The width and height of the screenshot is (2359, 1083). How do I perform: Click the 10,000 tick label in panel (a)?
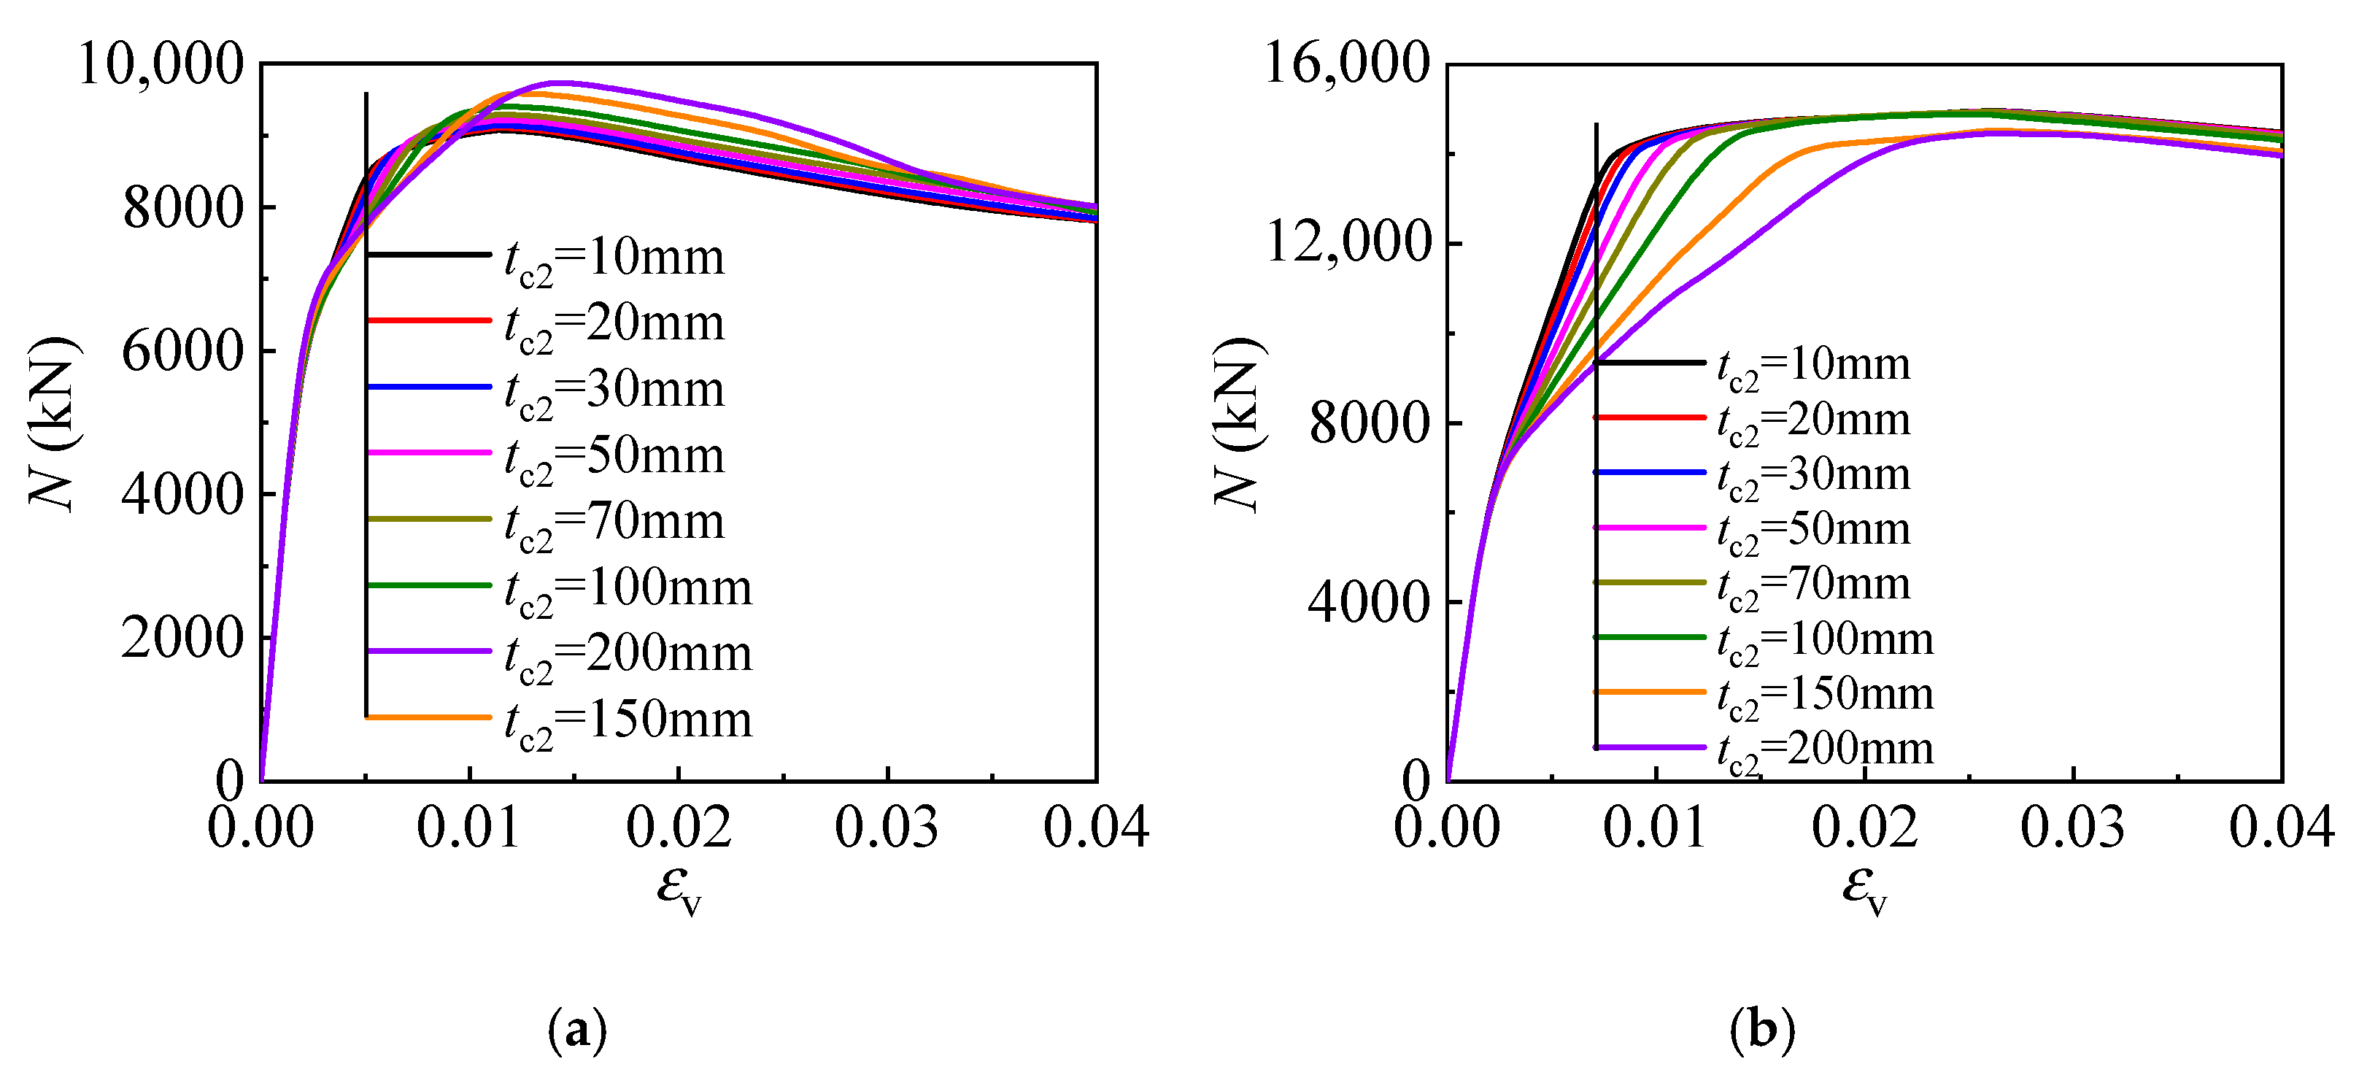[161, 65]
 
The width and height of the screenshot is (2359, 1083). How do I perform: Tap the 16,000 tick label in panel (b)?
[1346, 65]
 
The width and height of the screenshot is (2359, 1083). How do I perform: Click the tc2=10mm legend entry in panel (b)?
[1813, 366]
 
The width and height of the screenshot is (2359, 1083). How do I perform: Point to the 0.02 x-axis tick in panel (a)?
[679, 828]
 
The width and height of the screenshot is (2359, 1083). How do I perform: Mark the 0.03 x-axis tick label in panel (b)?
[2072, 828]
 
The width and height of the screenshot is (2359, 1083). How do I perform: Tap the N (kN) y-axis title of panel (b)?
[1238, 423]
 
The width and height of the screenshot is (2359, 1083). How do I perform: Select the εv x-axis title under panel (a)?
[679, 889]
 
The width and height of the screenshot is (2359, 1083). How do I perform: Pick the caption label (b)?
[1762, 1030]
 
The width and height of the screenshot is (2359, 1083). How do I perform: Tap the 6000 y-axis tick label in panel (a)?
[183, 352]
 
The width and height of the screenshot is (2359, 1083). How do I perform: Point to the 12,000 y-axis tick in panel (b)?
[1346, 244]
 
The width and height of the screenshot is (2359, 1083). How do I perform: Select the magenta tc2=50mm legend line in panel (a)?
[428, 452]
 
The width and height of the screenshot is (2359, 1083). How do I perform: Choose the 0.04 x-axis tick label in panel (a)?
[1095, 828]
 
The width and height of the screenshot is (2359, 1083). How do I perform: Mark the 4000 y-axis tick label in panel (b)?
[1368, 603]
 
